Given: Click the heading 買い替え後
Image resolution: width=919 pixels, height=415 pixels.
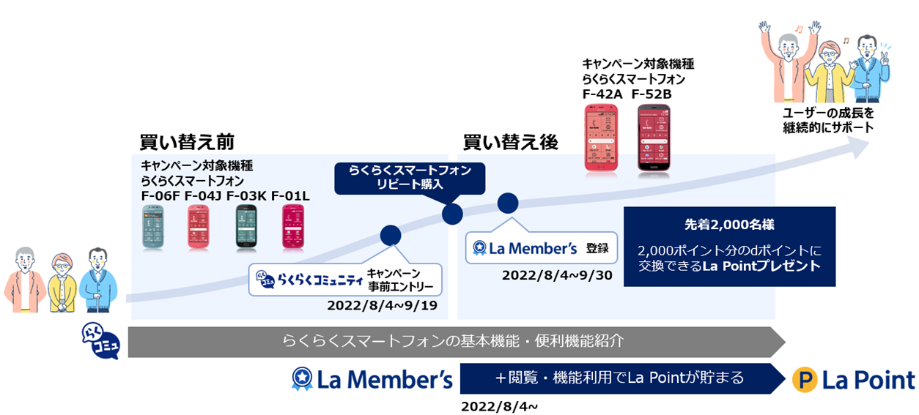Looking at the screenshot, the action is click(x=510, y=142).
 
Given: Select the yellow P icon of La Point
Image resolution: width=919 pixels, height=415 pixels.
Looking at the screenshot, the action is click(x=805, y=380).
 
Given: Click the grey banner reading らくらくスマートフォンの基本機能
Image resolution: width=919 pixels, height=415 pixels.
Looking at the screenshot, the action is click(x=454, y=341).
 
